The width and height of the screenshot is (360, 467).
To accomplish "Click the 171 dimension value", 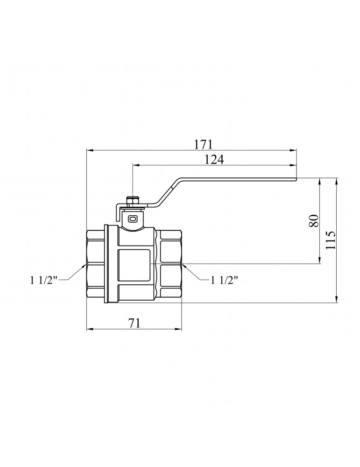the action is coord(204,144).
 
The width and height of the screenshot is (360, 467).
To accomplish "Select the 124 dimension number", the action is coord(214,160).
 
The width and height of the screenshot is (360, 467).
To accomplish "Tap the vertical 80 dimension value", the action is coord(314,221).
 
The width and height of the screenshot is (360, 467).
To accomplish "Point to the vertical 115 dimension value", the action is coord(331,240).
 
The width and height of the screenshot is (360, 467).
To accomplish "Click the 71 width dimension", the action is coord(134,323).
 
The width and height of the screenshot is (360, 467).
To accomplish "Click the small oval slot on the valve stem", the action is coord(132,219).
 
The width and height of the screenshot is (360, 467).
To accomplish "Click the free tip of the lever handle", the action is coord(296,179).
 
